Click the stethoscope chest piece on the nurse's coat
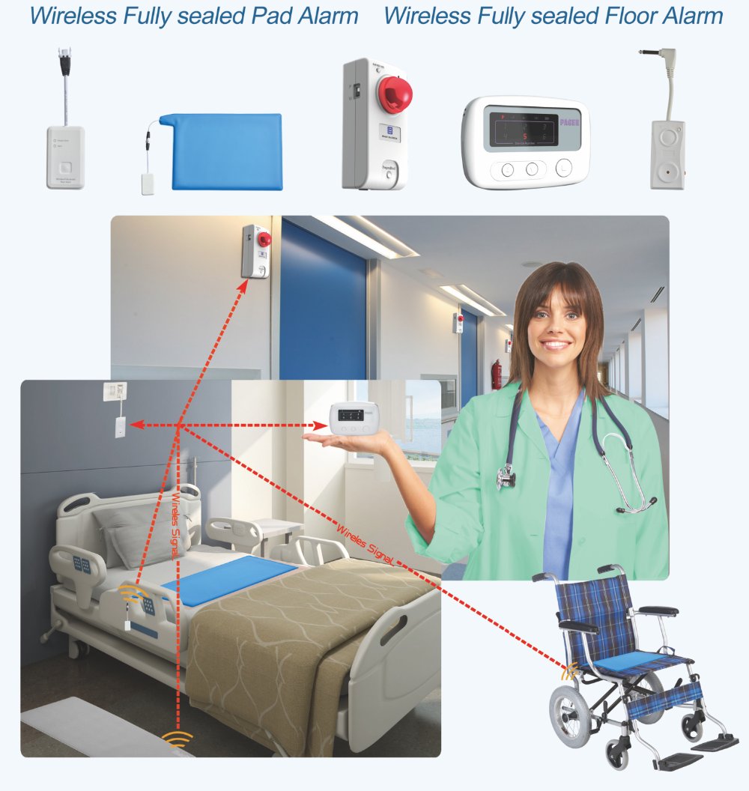pyautogui.click(x=506, y=476)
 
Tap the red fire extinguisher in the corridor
pyautogui.click(x=495, y=375)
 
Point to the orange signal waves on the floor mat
pyautogui.click(x=177, y=739)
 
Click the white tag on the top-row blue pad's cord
pyautogui.click(x=148, y=184)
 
